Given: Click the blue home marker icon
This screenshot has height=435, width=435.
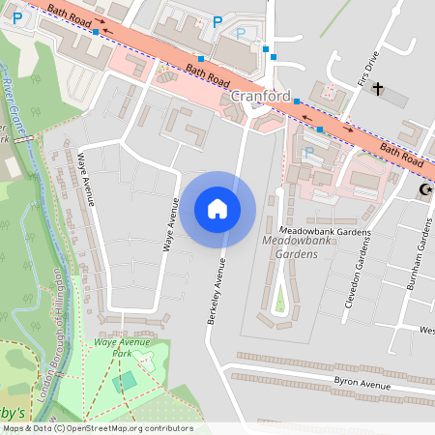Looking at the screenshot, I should tap(217, 208).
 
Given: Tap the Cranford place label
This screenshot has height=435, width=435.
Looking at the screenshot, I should tap(261, 96).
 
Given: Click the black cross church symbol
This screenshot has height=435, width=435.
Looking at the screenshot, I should tap(378, 92).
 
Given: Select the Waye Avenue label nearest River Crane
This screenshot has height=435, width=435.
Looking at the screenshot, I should tap(85, 179).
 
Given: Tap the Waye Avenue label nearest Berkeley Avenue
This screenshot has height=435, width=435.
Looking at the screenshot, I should tap(169, 225).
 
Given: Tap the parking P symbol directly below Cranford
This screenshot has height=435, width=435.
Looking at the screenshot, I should tap(307, 152).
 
